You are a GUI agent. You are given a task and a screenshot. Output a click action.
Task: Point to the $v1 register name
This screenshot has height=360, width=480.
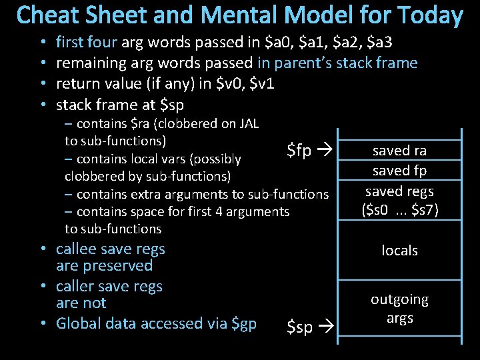[x=260, y=85]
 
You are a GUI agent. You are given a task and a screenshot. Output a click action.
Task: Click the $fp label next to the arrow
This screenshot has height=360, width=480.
[x=299, y=151]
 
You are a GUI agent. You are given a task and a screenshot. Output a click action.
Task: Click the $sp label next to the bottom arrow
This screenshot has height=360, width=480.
[x=299, y=327]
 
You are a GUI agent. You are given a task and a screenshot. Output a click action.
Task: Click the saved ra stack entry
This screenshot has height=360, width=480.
[x=399, y=151]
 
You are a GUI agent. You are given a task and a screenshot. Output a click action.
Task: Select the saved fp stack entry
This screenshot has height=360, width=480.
[x=399, y=171]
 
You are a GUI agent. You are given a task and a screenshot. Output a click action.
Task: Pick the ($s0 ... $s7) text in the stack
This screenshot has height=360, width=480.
[x=399, y=211]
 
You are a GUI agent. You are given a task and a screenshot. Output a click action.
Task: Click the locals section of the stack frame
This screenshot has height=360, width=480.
[x=399, y=251]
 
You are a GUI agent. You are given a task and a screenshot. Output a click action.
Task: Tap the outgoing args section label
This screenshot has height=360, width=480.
[x=399, y=309]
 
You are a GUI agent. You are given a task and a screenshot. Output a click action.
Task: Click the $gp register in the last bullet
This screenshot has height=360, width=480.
[x=243, y=324]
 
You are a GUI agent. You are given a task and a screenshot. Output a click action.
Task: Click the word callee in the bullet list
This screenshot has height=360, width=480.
[x=77, y=249]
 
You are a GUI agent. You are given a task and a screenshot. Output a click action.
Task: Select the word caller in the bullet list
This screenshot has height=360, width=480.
[x=75, y=287]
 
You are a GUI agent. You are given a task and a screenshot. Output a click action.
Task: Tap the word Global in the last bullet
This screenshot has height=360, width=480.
[x=79, y=324]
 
